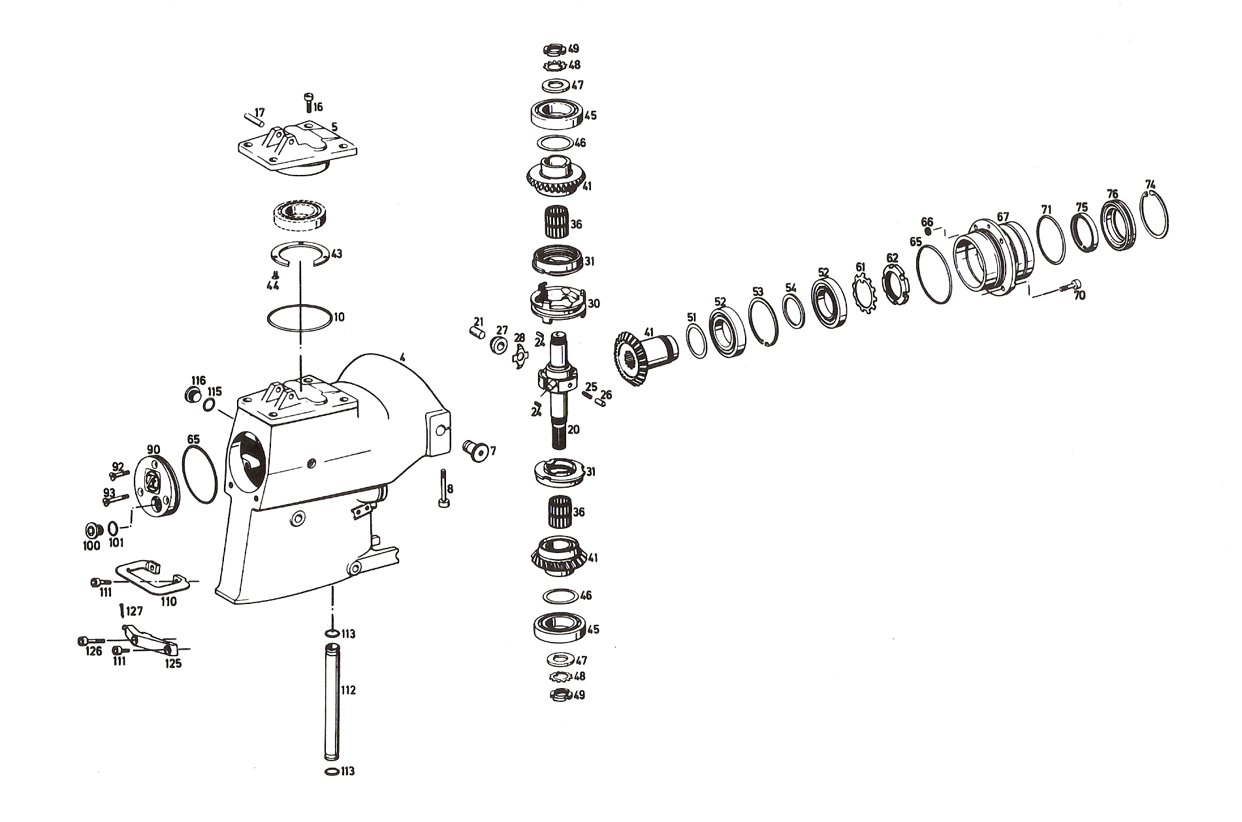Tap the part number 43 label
tap(336, 254)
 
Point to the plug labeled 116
tap(192, 396)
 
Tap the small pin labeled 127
tap(122, 611)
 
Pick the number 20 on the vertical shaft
tap(573, 430)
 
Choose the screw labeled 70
tap(1070, 287)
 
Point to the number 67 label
tap(1003, 217)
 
